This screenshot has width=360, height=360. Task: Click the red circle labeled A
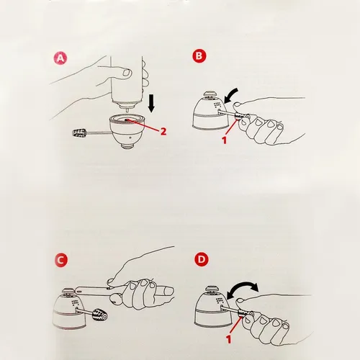60,58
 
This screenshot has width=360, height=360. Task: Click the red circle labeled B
199,56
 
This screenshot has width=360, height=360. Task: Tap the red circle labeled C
61,260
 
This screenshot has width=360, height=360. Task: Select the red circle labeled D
201,259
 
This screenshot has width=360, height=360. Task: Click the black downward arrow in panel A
151,104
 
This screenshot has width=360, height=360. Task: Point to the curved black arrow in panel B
230,95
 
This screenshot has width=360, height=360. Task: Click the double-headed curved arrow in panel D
243,290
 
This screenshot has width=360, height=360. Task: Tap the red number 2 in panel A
163,131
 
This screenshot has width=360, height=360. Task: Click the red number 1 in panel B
224,140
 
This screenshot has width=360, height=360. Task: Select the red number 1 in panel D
229,339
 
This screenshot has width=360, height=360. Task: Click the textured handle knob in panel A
79,132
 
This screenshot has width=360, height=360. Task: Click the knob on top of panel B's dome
210,94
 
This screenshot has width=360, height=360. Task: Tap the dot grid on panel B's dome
217,105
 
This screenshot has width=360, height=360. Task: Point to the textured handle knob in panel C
100,314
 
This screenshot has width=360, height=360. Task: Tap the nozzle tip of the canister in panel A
127,109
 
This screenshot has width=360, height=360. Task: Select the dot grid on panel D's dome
220,300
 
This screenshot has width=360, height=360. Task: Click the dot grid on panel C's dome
75,302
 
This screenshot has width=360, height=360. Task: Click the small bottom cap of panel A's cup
127,147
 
